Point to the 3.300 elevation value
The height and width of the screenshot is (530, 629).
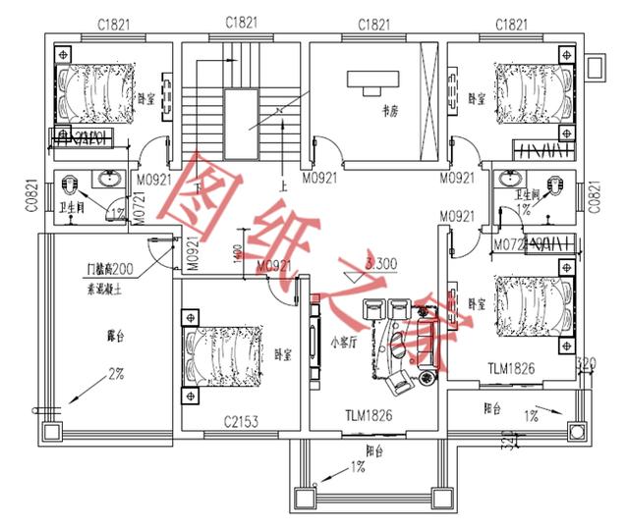coord(380,263)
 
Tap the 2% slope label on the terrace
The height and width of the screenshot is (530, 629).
coord(115,374)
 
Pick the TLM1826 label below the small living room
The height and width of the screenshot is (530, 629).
coord(368,416)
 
